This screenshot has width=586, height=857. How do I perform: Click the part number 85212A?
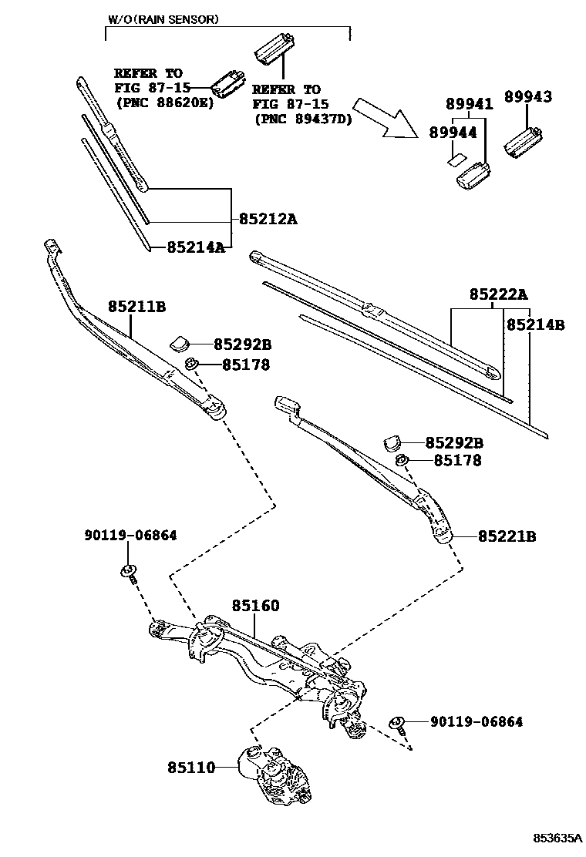pyautogui.click(x=268, y=220)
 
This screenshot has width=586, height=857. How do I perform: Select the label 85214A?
pyautogui.click(x=196, y=247)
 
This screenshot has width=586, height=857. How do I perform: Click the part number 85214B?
pyautogui.click(x=535, y=326)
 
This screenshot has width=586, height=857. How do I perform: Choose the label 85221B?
pyautogui.click(x=507, y=536)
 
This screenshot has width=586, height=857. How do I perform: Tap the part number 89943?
pyautogui.click(x=528, y=96)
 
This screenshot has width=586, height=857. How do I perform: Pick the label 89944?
pyautogui.click(x=453, y=133)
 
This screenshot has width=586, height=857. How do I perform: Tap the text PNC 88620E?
pyautogui.click(x=163, y=102)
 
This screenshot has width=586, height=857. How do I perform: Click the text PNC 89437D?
pyautogui.click(x=302, y=119)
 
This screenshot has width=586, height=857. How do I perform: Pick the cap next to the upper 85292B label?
pyautogui.click(x=180, y=342)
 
